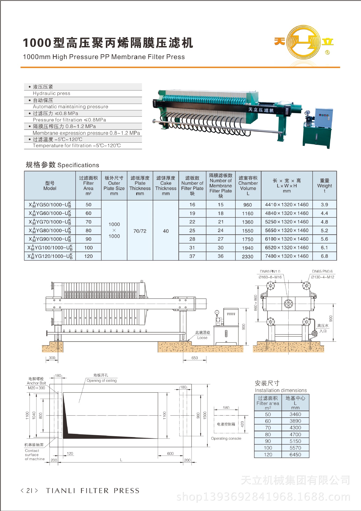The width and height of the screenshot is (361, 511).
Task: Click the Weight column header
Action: pyautogui.click(x=325, y=186)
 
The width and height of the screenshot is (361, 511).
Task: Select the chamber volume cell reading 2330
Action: pyautogui.click(x=248, y=256)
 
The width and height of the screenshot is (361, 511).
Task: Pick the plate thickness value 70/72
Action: pyautogui.click(x=140, y=231)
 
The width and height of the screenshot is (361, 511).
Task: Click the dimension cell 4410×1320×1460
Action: pyautogui.click(x=287, y=205)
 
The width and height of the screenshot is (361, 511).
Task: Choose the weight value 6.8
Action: pyautogui.click(x=324, y=256)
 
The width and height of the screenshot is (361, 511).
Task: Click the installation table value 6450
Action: pyautogui.click(x=295, y=455)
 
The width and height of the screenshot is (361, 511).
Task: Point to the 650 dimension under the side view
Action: pyautogui.click(x=195, y=358)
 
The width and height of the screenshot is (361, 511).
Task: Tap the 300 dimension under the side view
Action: pyautogui.click(x=52, y=358)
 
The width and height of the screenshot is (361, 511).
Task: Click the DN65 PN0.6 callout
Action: pyautogui.click(x=322, y=271)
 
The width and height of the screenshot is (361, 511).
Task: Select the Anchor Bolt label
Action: pyautogui.click(x=36, y=383)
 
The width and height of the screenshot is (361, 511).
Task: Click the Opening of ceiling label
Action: pyautogui.click(x=102, y=381)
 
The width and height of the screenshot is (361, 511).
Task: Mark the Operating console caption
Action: pyautogui.click(x=226, y=438)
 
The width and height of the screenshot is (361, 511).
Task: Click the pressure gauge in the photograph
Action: pyautogui.click(x=308, y=113)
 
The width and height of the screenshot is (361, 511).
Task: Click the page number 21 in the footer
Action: pyautogui.click(x=30, y=491)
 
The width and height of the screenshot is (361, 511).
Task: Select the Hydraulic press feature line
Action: pyautogui.click(x=52, y=93)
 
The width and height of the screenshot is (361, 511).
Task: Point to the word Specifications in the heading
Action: pyautogui.click(x=78, y=165)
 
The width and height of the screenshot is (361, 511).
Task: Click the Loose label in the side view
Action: pyautogui.click(x=202, y=337)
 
